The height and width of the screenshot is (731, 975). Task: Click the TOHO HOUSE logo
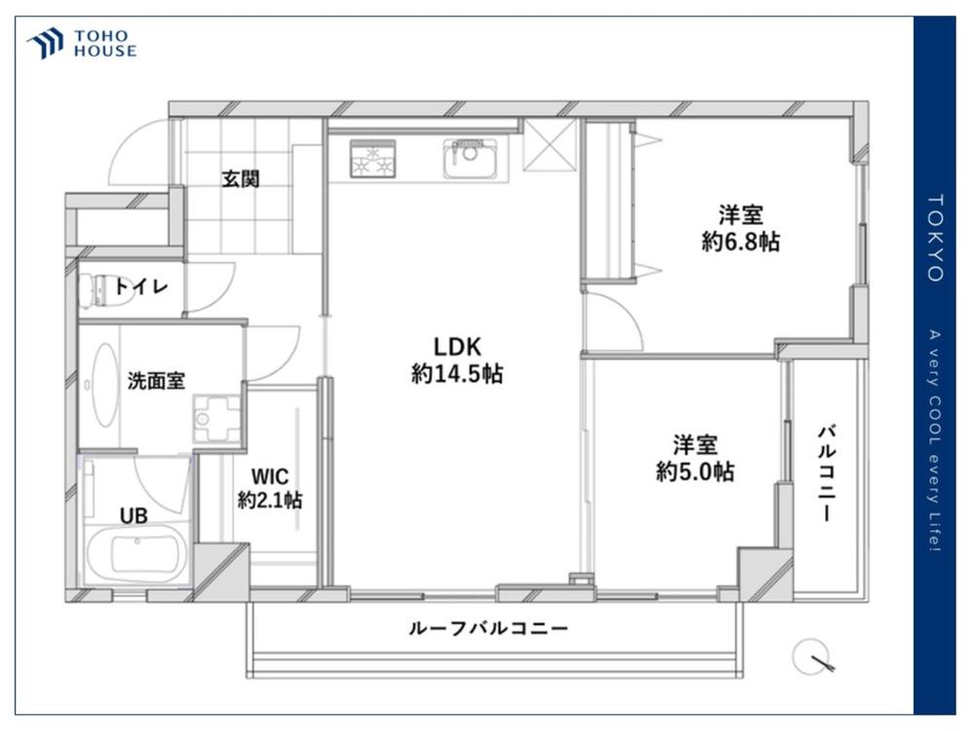tap(82, 44)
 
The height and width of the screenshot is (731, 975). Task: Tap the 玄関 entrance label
tap(241, 179)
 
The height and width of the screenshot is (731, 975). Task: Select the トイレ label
tap(141, 287)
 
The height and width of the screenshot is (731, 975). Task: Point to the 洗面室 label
tap(156, 380)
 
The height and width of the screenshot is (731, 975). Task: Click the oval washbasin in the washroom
tap(105, 384)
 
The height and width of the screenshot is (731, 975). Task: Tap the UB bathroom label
tap(134, 516)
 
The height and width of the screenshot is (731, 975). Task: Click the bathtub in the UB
tap(137, 555)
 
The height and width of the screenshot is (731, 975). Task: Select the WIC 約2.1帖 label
tap(270, 488)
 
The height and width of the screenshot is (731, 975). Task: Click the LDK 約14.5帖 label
tap(457, 360)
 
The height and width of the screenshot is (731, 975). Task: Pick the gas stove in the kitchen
tap(373, 159)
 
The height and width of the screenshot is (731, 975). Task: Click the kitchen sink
tap(471, 159)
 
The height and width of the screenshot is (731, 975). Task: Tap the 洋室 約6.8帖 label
tap(741, 228)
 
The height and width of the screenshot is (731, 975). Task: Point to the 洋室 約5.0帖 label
tap(695, 459)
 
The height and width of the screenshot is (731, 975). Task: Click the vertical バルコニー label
tap(827, 473)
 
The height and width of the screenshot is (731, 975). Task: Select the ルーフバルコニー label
tap(488, 629)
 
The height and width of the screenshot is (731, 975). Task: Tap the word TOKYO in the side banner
tap(935, 238)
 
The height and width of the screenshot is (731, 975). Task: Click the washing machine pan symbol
tap(217, 419)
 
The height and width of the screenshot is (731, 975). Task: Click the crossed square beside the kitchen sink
tap(550, 145)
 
